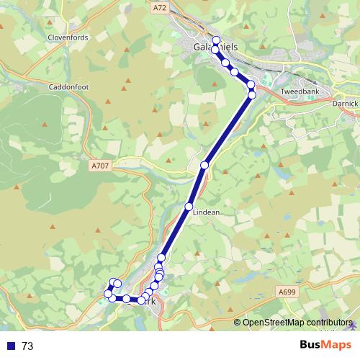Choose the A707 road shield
coord(100,166)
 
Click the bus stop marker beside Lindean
coord(189,207)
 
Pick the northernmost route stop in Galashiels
coord(216,40)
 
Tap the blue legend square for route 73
coord(10,346)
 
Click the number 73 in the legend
coord(27,346)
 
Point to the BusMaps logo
coord(321,345)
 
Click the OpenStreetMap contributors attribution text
coord(297,323)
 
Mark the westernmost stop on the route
coord(108,294)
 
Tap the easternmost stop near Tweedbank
coord(252,95)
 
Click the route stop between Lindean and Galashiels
coord(204,166)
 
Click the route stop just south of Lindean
coord(161,258)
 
